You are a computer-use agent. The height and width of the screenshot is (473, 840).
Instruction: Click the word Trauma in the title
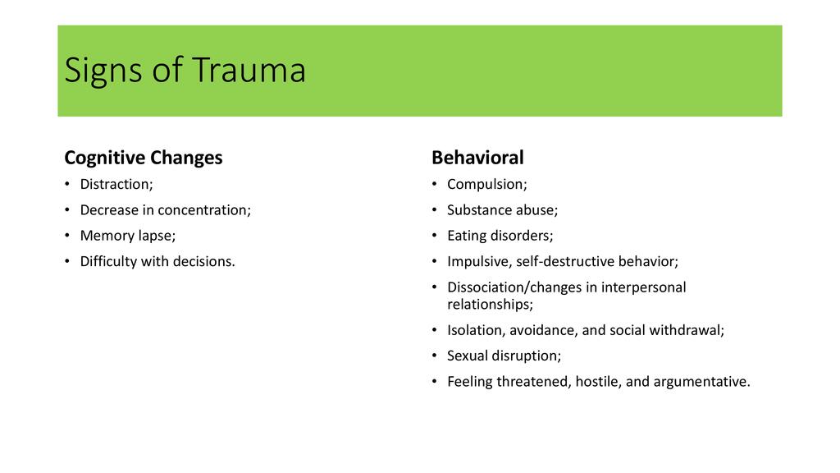pos(249,70)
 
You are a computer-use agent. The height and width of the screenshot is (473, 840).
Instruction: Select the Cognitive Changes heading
pos(143,158)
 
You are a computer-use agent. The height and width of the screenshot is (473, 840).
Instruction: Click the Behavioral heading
pos(477,158)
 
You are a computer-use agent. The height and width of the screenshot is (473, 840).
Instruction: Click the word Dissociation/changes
pos(514,287)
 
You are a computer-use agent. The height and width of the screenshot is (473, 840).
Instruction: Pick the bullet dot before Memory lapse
pos(67,236)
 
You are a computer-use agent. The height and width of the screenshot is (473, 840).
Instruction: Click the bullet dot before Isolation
pos(435,330)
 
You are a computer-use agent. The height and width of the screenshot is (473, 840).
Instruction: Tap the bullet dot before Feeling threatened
pos(435,381)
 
